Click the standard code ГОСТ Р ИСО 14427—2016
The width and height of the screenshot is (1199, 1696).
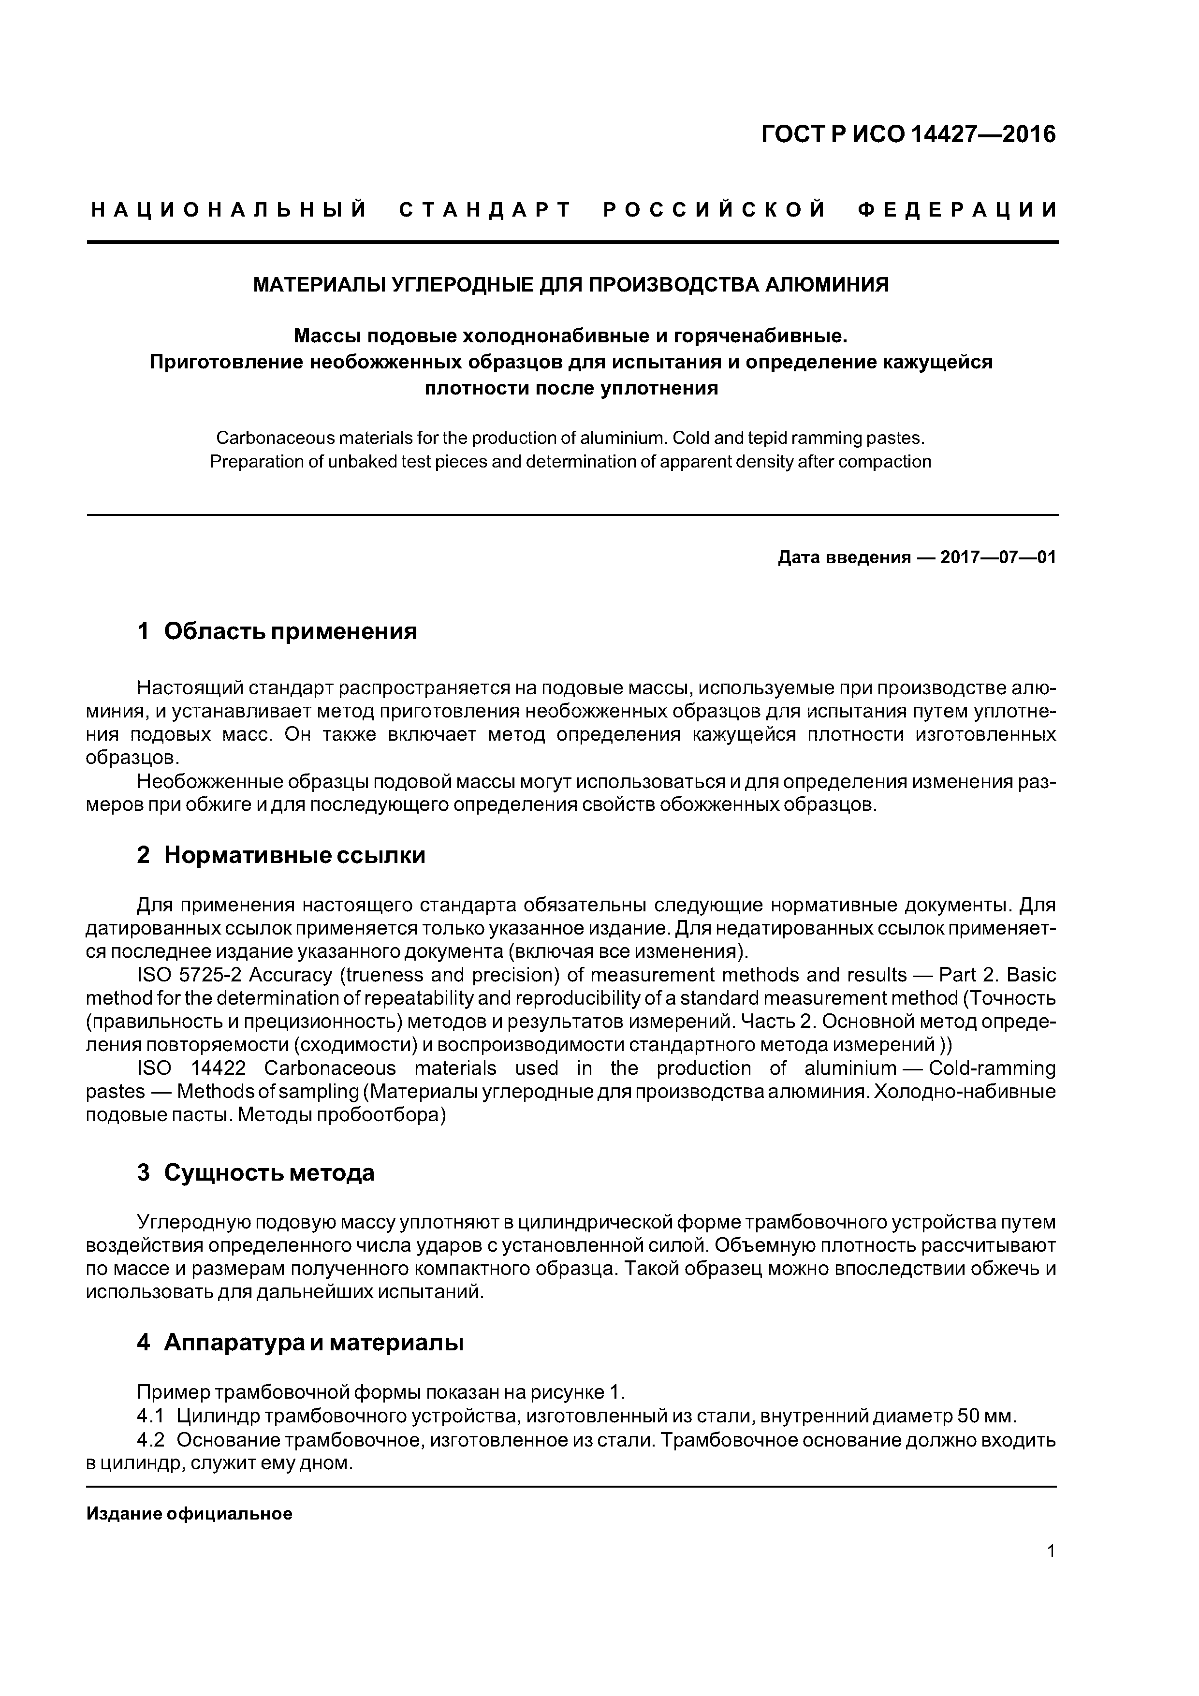tap(908, 134)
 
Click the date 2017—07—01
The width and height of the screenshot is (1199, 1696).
tap(998, 557)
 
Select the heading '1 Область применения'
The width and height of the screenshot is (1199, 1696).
tap(277, 631)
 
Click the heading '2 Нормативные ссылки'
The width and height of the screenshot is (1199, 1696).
tap(281, 855)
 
